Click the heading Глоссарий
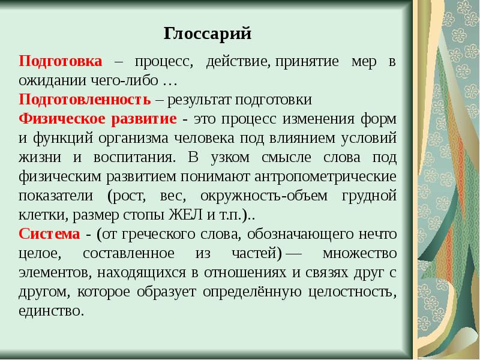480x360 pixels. [x=207, y=34]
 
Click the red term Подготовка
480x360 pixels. [x=60, y=62]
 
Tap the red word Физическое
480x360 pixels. [x=56, y=118]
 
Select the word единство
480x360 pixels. [x=50, y=311]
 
